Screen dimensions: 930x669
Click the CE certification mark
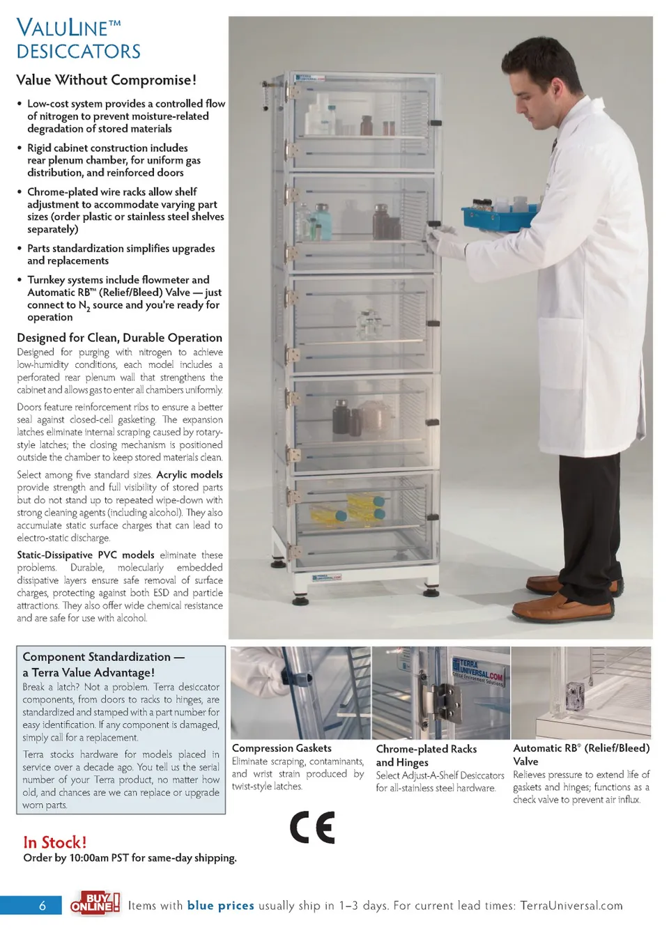[x=312, y=827]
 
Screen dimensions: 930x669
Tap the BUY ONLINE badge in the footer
[x=95, y=904]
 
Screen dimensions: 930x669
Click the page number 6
[x=43, y=906]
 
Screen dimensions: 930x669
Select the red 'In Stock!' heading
[x=55, y=842]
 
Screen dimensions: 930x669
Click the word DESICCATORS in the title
[x=79, y=52]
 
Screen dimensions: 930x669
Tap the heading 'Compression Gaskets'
[x=282, y=748]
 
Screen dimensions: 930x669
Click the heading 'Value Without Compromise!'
[x=107, y=80]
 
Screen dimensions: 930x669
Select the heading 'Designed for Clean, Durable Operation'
[x=120, y=338]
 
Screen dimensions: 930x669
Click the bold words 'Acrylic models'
[x=190, y=474]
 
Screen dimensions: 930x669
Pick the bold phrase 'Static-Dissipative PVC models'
[x=86, y=555]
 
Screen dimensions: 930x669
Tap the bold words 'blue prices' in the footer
[x=220, y=906]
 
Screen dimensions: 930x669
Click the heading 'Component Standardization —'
[x=103, y=657]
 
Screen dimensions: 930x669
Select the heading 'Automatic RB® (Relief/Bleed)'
[x=581, y=748]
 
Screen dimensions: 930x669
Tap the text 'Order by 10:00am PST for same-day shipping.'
[x=130, y=858]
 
